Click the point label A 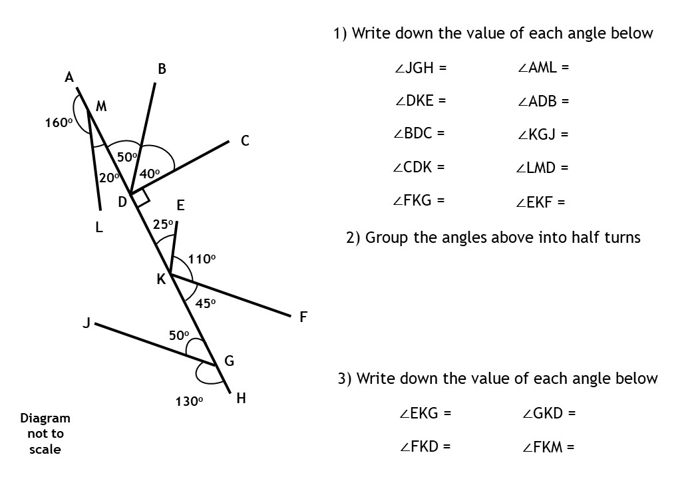[69, 78]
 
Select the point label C [245, 141]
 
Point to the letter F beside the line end [303, 317]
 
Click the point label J [86, 323]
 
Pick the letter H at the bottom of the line [241, 399]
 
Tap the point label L [99, 228]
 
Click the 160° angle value [59, 123]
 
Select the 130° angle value [189, 401]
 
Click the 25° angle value [163, 225]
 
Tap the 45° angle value [206, 303]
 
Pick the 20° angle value [109, 178]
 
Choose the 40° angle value [150, 174]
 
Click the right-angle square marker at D [141, 197]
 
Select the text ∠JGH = [420, 68]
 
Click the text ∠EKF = [540, 203]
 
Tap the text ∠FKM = [548, 447]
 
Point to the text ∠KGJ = [543, 135]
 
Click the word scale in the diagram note [45, 449]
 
